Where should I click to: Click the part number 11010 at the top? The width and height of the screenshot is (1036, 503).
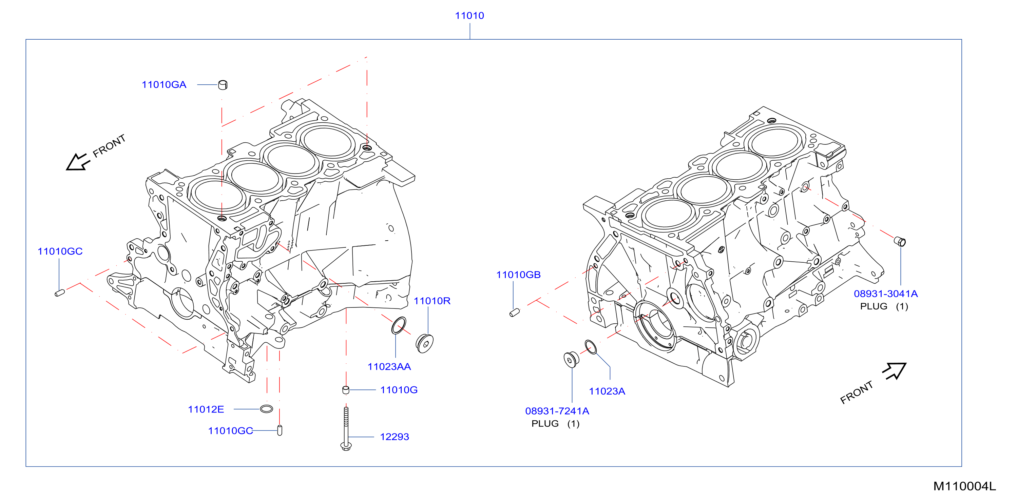point(469,16)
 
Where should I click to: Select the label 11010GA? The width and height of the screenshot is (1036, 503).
point(164,85)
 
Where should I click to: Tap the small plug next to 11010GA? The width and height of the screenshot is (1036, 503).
point(223,85)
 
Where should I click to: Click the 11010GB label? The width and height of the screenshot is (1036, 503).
point(518,275)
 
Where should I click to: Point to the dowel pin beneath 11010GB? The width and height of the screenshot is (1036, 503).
point(514,312)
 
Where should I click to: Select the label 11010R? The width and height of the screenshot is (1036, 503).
point(432,301)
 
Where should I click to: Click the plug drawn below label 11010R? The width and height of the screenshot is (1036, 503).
point(425,343)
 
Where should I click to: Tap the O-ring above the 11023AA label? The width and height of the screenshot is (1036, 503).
point(399,325)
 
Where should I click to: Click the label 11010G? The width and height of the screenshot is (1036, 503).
point(399,390)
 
